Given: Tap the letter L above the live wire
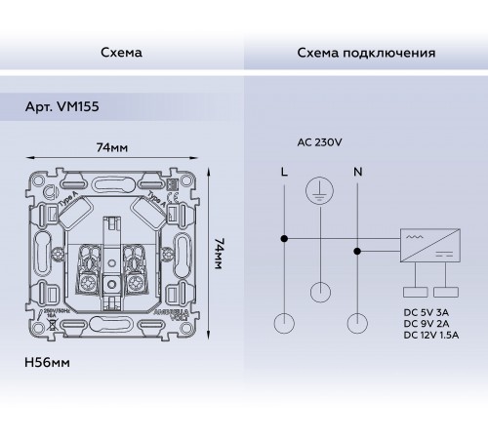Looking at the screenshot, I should tap(283, 171).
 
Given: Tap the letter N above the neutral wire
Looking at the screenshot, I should tap(358, 171).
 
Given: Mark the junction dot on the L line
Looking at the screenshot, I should tap(284, 237).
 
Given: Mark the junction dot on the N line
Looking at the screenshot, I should tap(358, 251).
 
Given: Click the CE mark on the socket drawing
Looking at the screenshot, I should tap(168, 207).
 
